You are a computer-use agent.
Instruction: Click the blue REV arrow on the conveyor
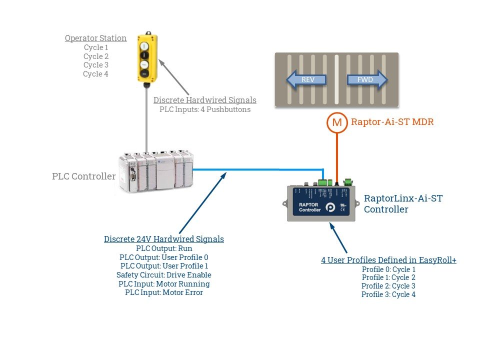click(305, 79)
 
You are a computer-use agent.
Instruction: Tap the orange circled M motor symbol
click(337, 122)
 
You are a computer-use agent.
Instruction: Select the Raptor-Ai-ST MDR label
click(392, 121)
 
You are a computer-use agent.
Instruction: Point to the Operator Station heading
click(95, 38)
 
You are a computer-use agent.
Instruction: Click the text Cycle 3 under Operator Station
click(95, 65)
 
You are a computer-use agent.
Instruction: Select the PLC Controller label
click(84, 176)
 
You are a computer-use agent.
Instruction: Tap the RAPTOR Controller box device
click(321, 203)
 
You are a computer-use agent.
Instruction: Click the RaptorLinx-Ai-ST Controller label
click(403, 203)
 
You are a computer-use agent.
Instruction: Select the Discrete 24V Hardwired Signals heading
click(164, 239)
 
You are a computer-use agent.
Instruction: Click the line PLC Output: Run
click(164, 248)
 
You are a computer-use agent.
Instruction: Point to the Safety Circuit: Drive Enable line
click(164, 275)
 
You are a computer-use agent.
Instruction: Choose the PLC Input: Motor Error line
click(164, 292)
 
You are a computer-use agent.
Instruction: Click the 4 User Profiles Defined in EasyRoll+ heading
click(388, 260)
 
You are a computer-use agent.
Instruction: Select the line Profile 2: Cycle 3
click(388, 286)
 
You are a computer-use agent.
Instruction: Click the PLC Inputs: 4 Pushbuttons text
click(204, 109)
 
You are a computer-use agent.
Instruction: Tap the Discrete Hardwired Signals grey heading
click(204, 100)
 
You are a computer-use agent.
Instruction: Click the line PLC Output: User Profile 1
click(164, 266)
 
